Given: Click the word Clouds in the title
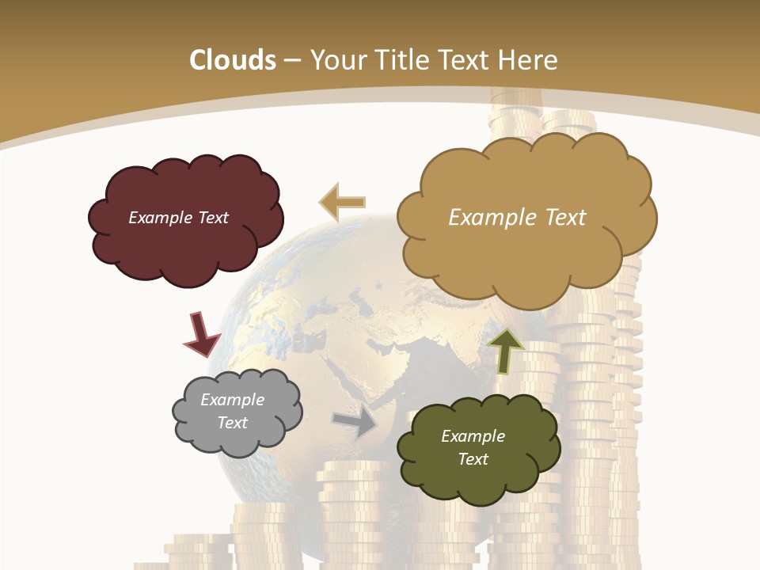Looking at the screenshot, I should (233, 60).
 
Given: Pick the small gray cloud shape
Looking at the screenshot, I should (237, 439).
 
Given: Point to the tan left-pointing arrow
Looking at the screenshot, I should (342, 203).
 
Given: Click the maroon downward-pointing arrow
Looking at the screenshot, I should (201, 333).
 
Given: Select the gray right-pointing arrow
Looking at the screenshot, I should (355, 422).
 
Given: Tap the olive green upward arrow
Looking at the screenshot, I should (505, 349).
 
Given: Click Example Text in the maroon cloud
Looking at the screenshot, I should (178, 218).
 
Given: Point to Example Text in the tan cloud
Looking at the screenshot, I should (517, 218).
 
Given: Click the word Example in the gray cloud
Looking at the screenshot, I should (232, 400).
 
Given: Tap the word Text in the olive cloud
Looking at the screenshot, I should (473, 459).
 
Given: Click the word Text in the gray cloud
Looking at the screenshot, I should (232, 423).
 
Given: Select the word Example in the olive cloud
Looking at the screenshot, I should (473, 436).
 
